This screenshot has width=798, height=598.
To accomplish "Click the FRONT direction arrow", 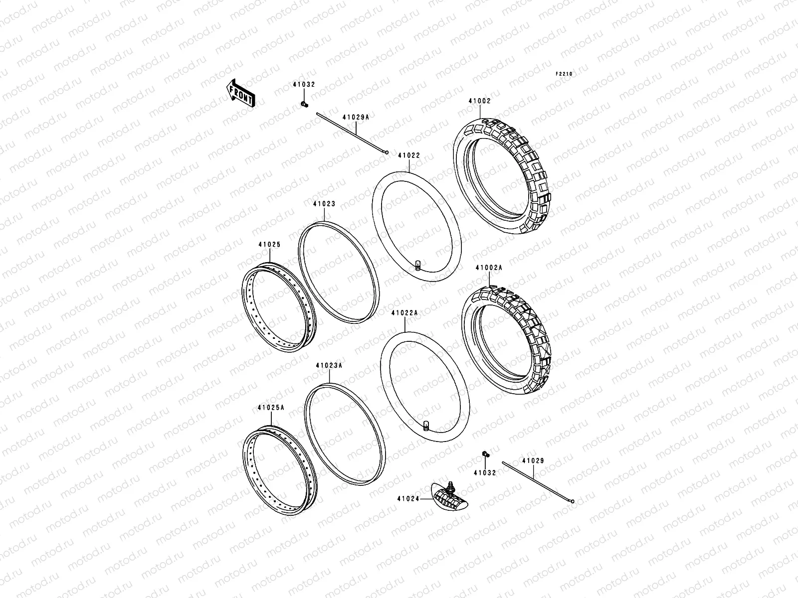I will coord(241,93).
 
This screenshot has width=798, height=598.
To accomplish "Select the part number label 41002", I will coord(479,101).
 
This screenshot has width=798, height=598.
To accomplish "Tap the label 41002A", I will coord(489,268).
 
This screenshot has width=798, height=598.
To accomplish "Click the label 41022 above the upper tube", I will coord(409,155).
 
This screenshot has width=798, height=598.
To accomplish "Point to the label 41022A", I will coord(404,313).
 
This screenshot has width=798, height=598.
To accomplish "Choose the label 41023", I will coord(324,204).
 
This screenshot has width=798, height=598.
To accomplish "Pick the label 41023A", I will coord(329,365).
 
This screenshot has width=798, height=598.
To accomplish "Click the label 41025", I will coord(269,245).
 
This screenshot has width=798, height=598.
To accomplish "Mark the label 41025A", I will coord(271,407).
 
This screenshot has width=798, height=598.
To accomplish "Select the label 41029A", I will coord(356,117).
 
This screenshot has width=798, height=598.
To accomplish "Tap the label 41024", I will coord(408,498).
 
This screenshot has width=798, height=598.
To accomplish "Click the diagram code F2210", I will coord(565,74).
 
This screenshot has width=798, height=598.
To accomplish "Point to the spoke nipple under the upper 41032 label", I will coord(304,104).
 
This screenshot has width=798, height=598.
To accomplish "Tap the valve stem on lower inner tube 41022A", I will coord(426,425).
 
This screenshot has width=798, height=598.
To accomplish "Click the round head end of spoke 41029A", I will coord(386,153).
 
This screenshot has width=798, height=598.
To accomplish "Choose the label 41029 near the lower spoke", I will coord(533,461).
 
